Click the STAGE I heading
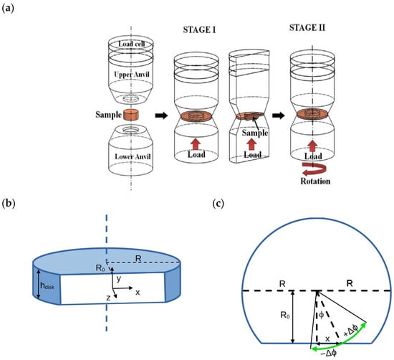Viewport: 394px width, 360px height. (x=199, y=30)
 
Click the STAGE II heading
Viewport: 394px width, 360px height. (x=307, y=27)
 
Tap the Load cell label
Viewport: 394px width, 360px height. (x=132, y=44)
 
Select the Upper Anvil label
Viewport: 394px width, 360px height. (x=132, y=75)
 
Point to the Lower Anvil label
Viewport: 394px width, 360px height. (x=133, y=157)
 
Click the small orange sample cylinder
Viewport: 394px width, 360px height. (x=131, y=115)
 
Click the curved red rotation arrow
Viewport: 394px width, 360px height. (x=314, y=169)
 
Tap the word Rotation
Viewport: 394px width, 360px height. (x=315, y=181)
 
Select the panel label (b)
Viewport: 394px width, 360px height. (x=9, y=203)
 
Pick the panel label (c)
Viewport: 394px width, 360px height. (x=218, y=203)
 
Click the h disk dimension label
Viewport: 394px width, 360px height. (x=47, y=285)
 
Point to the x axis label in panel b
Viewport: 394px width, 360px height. (x=138, y=293)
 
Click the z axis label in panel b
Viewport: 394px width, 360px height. (x=108, y=298)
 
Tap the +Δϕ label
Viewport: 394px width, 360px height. (x=350, y=330)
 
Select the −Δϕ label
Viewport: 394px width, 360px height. (x=328, y=354)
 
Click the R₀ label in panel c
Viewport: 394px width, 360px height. (x=285, y=315)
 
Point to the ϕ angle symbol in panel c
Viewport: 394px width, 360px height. (x=322, y=316)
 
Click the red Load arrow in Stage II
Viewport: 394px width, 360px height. (x=312, y=146)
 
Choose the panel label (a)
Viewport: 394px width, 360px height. (x=8, y=9)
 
